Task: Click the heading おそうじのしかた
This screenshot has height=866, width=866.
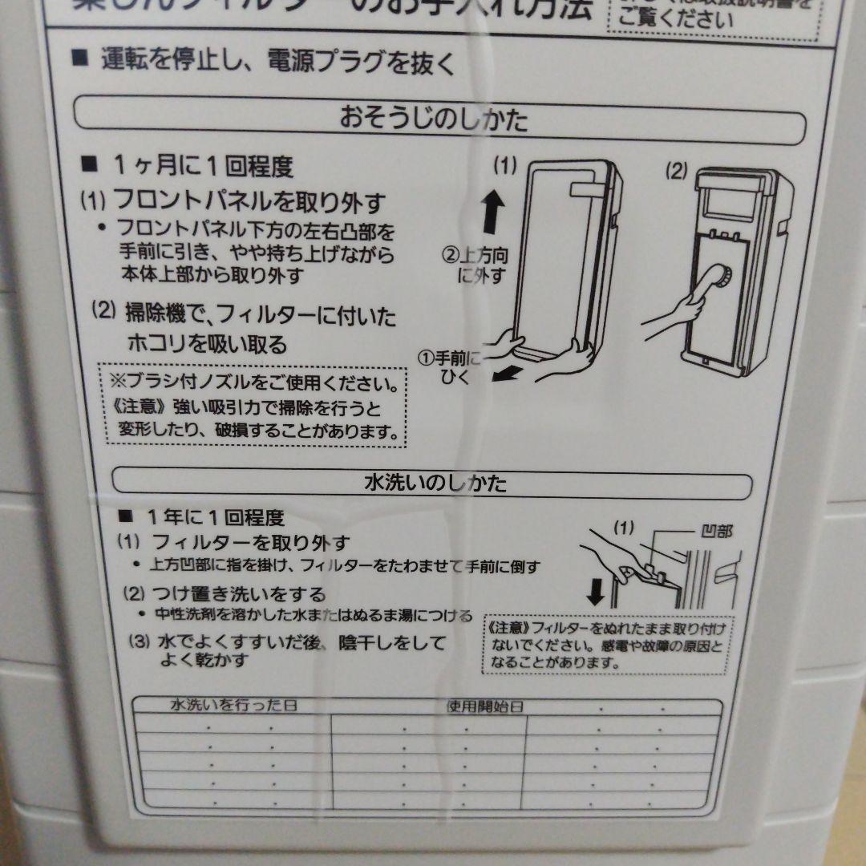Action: (x=434, y=120)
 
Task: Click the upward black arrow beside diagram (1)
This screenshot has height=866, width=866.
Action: (x=493, y=211)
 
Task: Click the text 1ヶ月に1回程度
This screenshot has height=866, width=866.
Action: (x=203, y=167)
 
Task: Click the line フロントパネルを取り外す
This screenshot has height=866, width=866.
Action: (x=249, y=200)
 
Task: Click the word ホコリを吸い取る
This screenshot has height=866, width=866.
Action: (x=206, y=345)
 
